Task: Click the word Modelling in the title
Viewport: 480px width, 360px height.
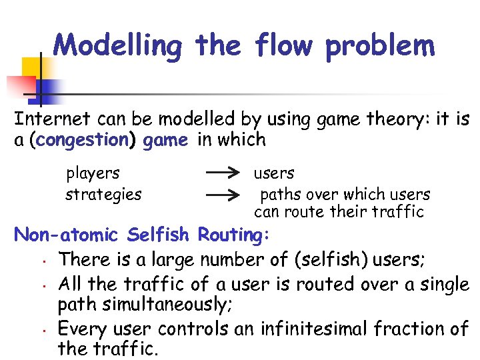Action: coord(117,45)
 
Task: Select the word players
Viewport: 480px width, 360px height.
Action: coord(93,174)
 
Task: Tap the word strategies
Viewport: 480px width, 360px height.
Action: coord(103,195)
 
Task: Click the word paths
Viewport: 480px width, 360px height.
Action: coord(279,195)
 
